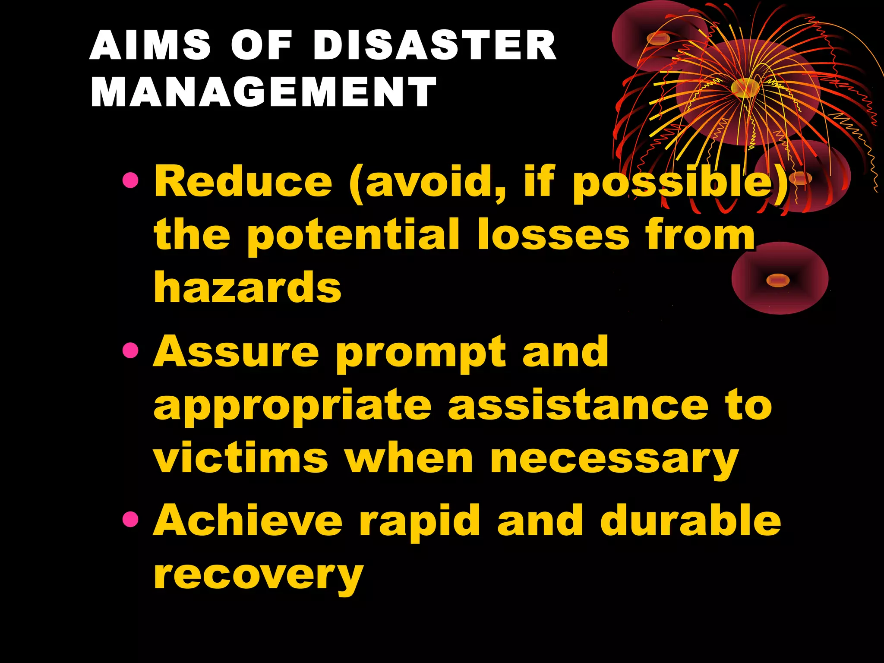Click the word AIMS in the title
(x=150, y=45)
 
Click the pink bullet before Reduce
(x=130, y=180)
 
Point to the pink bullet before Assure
(x=130, y=350)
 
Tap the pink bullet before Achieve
(x=130, y=520)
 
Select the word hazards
(x=248, y=287)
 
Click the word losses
(x=553, y=235)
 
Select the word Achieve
(x=248, y=521)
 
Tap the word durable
(x=691, y=521)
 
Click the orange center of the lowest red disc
(x=777, y=281)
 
